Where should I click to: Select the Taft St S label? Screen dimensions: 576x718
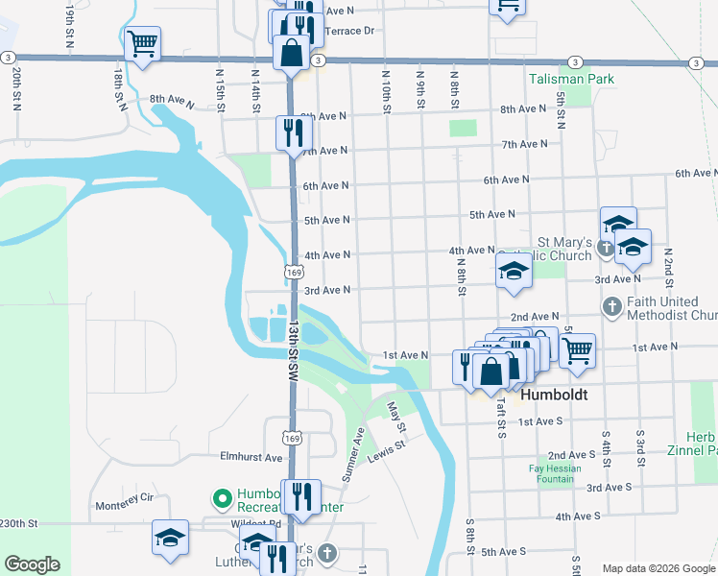click(501, 417)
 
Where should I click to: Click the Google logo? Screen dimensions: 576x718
click(32, 564)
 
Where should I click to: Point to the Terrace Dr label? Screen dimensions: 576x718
click(350, 31)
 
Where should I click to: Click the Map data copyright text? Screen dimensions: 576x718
click(658, 568)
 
